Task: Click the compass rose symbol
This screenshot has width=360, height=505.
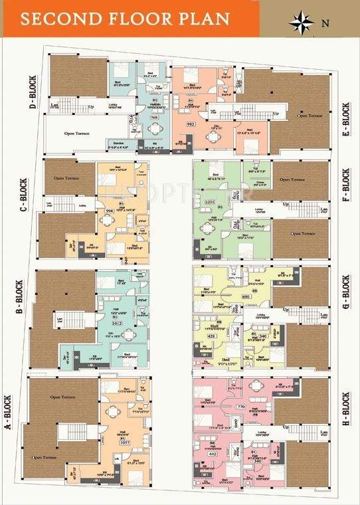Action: coord(302,21)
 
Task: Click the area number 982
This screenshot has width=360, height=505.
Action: coord(190,124)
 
